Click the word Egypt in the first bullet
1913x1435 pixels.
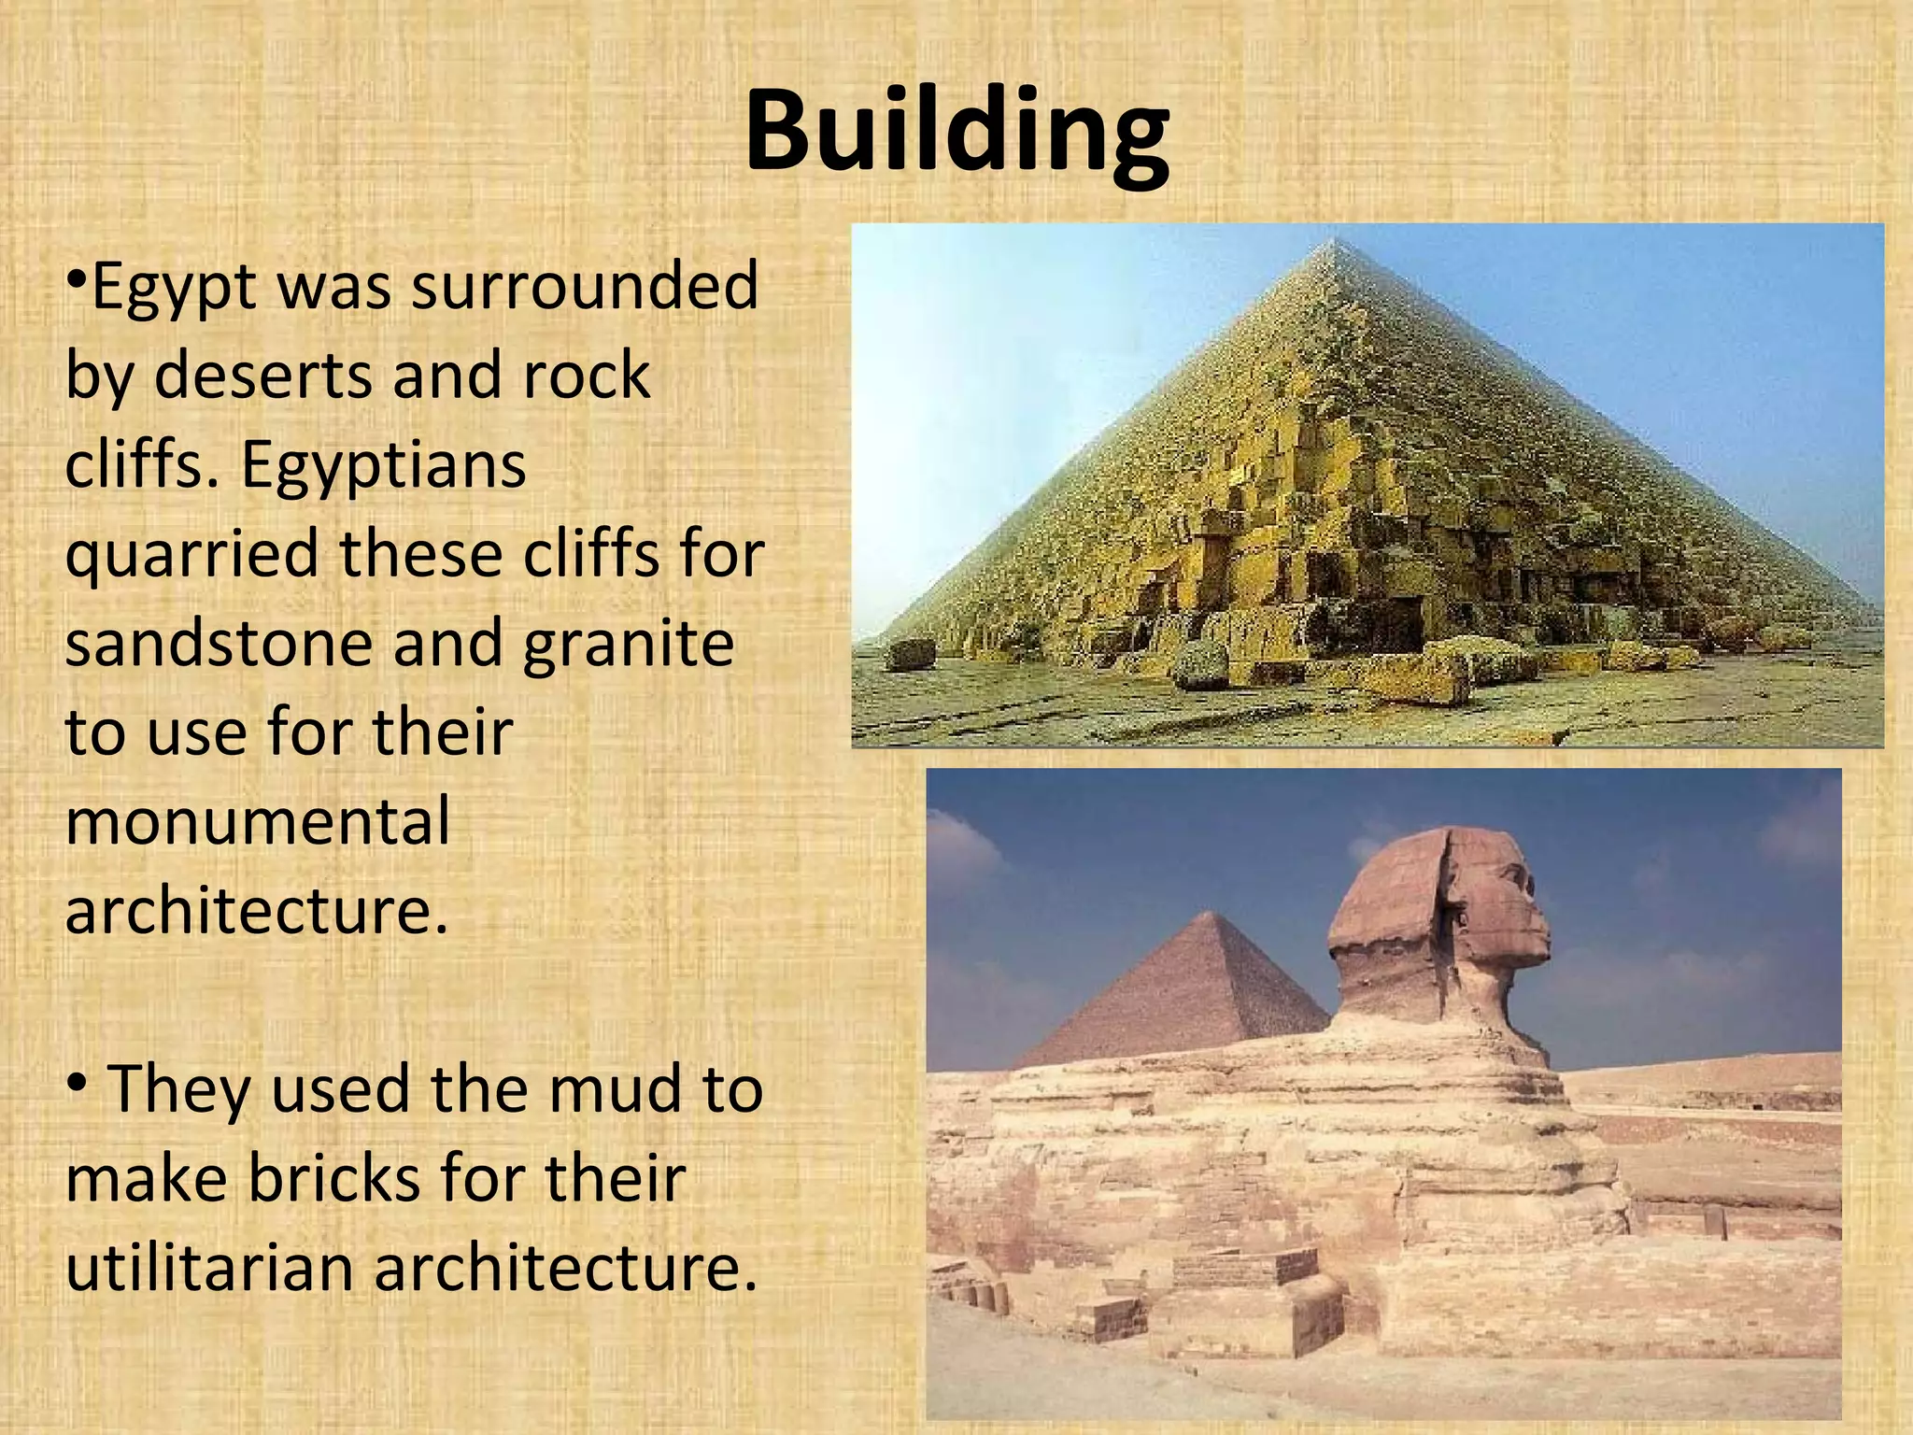174,288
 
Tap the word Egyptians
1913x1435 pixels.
383,465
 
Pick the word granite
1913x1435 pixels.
628,645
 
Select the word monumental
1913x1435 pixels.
258,821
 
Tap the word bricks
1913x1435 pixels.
334,1178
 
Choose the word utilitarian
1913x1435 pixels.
211,1268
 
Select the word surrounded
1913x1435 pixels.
585,286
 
